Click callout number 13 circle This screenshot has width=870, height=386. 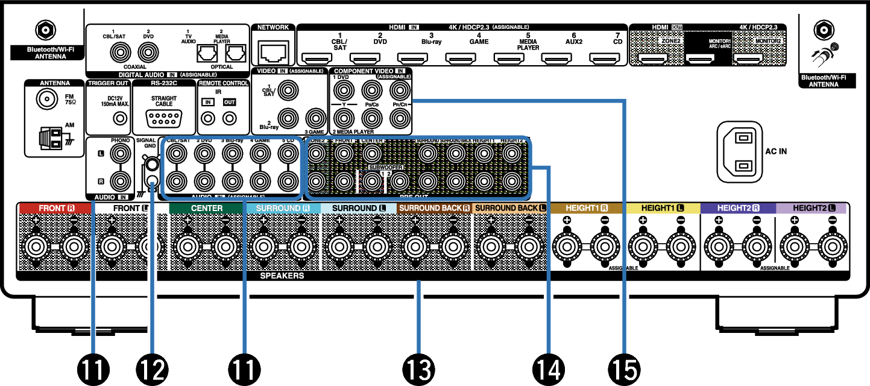pyautogui.click(x=418, y=367)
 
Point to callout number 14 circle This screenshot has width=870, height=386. pyautogui.click(x=549, y=367)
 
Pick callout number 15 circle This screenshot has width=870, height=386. pyautogui.click(x=625, y=367)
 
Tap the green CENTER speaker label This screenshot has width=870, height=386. pyautogui.click(x=207, y=208)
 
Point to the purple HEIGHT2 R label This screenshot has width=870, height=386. pyautogui.click(x=737, y=208)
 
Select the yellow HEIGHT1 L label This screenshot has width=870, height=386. pyautogui.click(x=663, y=208)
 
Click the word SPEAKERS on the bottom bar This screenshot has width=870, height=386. pyautogui.click(x=282, y=276)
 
